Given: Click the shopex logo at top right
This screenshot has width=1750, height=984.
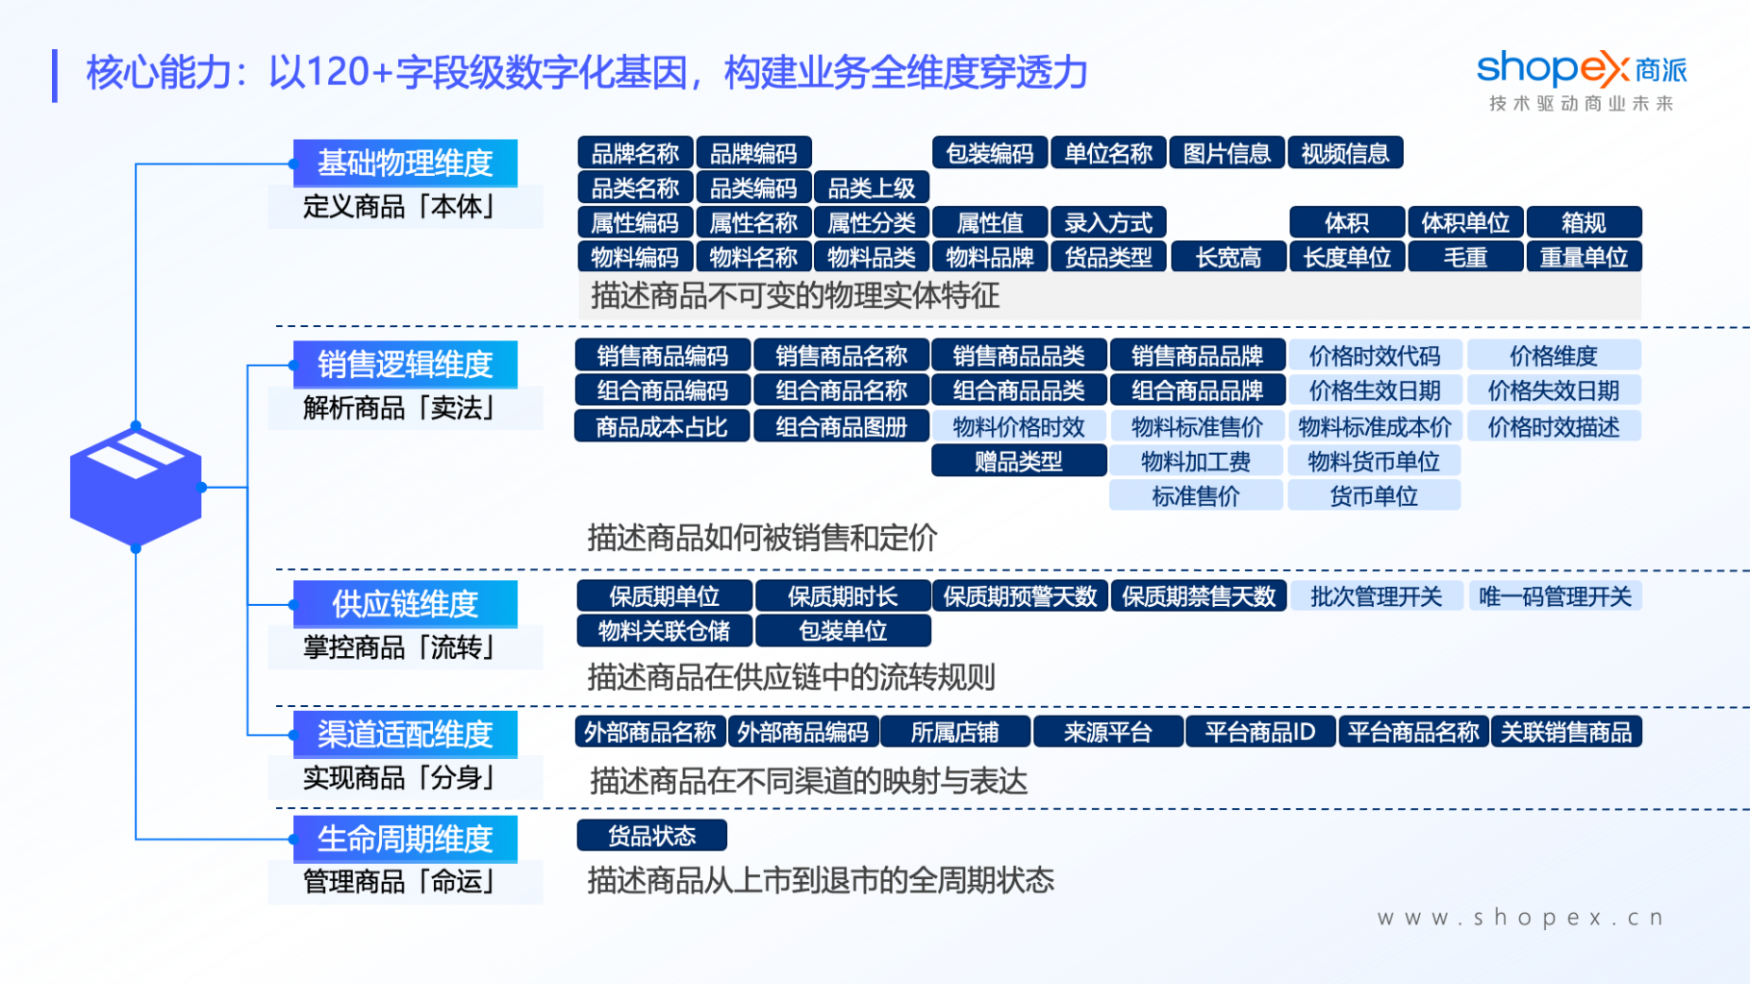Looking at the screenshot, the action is [x=1582, y=81].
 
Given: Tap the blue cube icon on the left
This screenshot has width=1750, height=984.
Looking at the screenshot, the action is [x=136, y=487].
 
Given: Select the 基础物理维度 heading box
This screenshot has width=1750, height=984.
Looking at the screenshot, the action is [x=405, y=163].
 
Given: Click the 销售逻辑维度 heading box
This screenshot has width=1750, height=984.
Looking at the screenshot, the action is [x=405, y=365].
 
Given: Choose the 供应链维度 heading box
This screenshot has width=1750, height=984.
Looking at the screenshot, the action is [x=405, y=604].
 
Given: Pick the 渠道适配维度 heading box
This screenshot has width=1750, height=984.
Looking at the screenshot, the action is [x=405, y=734].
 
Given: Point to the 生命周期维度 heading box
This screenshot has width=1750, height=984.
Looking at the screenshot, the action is [x=405, y=839].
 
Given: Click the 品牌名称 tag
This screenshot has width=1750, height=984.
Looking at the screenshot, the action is [x=635, y=153].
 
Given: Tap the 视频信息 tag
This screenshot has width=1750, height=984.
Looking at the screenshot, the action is [x=1345, y=153].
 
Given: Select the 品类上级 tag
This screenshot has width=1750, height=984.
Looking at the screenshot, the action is [x=872, y=188].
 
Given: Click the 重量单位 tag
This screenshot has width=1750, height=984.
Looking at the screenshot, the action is [x=1584, y=257].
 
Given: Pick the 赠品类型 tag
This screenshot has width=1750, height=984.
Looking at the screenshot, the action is [x=1019, y=461].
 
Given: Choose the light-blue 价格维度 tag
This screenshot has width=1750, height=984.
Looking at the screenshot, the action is [x=1554, y=356].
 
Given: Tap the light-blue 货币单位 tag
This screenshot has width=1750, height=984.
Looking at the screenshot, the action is [x=1374, y=495].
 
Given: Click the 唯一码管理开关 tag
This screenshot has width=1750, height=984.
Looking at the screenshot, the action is [x=1555, y=596].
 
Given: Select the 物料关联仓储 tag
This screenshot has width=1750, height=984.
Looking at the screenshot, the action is [x=664, y=630].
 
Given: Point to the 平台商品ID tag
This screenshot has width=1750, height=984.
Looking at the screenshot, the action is [x=1260, y=732].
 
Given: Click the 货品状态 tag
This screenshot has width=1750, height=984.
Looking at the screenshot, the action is [x=651, y=835].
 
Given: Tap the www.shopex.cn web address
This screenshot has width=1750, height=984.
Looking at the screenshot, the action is [x=1520, y=918].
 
